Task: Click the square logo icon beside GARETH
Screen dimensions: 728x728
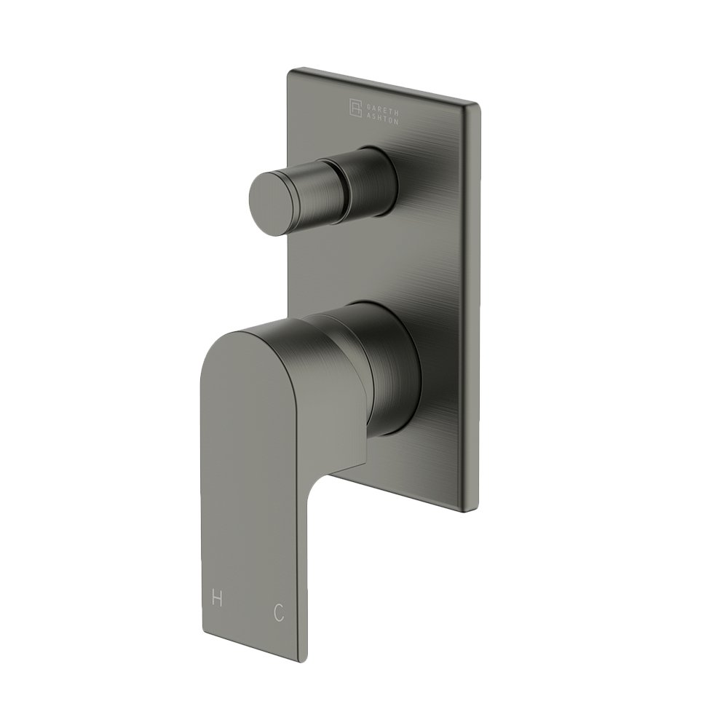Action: pyautogui.click(x=357, y=107)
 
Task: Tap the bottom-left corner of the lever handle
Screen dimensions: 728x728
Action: pyautogui.click(x=202, y=630)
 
